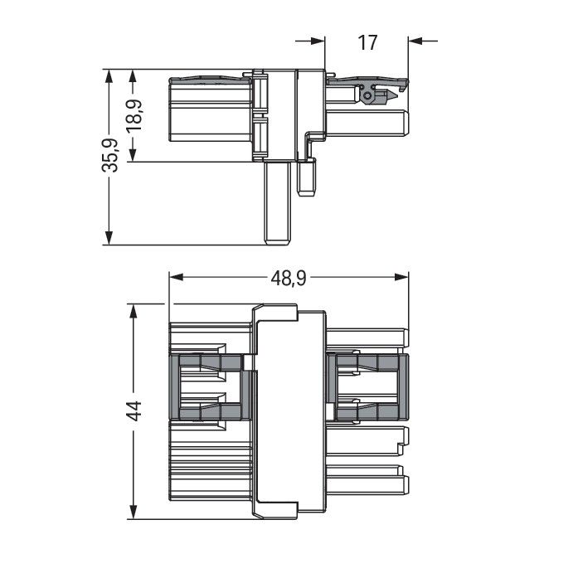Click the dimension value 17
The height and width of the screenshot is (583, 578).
coord(367,41)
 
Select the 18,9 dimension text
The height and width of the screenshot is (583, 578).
coord(134,115)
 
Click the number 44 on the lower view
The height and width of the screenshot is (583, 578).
coord(134,411)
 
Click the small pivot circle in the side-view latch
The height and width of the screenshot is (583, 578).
coord(367,96)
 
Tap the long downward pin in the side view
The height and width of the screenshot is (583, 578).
coord(278,202)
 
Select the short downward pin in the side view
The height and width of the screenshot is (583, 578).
coord(308,177)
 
